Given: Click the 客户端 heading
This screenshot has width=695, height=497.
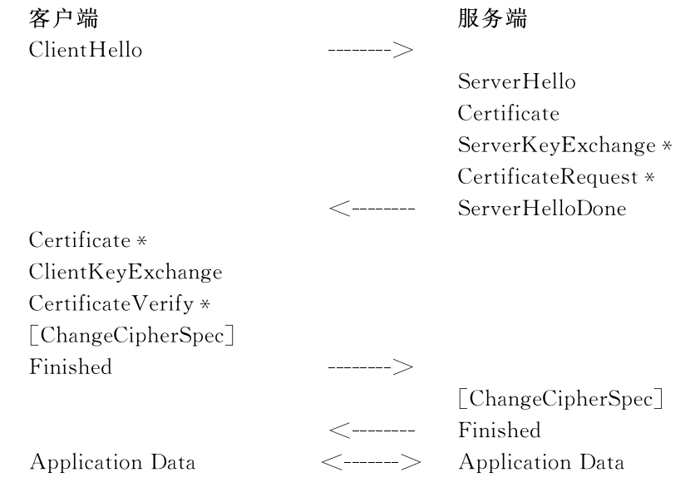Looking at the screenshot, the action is point(63,19).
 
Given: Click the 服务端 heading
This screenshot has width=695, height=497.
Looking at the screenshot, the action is point(492,19).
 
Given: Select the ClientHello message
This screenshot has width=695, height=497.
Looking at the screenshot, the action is point(86,50).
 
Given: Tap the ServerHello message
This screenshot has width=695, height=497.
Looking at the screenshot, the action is point(517,81).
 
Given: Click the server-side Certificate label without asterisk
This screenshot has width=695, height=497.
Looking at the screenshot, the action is point(509,113).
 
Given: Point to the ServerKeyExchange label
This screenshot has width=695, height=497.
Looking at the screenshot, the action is point(557,145).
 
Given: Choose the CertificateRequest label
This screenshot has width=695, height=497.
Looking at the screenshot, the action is point(548,177).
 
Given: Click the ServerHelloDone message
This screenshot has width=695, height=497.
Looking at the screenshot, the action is point(542,209).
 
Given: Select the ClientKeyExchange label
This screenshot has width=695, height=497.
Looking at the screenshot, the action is point(126,273).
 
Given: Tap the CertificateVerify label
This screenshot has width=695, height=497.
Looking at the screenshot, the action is point(111,304).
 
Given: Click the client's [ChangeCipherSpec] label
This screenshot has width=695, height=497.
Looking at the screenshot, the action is point(131,335).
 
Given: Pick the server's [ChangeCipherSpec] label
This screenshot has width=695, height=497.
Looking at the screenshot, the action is point(560,399).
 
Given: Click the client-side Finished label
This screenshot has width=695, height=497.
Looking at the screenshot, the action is point(71,367).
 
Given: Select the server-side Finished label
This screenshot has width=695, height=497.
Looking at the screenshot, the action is point(500,431).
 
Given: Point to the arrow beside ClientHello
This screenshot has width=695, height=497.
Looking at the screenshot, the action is point(371,50).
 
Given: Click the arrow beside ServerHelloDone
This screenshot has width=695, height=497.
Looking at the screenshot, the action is point(372,208).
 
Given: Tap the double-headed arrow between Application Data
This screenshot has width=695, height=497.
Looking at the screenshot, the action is point(371,462).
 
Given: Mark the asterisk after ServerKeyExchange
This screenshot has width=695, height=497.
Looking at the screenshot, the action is point(667,145).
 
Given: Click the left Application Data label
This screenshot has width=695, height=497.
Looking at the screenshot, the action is point(112,463).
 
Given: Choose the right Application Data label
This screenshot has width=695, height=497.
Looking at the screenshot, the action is point(542,463).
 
